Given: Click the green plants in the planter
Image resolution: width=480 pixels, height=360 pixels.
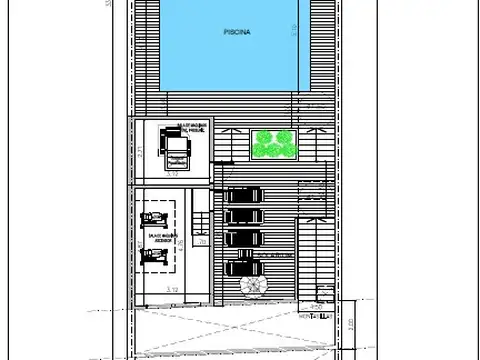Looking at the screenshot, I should (273, 145).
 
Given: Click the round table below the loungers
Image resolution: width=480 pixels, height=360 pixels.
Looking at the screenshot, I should (256, 286).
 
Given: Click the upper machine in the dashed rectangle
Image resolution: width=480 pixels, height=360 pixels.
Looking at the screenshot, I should (155, 217).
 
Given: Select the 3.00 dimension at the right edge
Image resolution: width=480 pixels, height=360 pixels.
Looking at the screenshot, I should (350, 323).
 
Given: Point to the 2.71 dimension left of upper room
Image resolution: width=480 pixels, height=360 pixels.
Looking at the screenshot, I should (141, 152).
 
